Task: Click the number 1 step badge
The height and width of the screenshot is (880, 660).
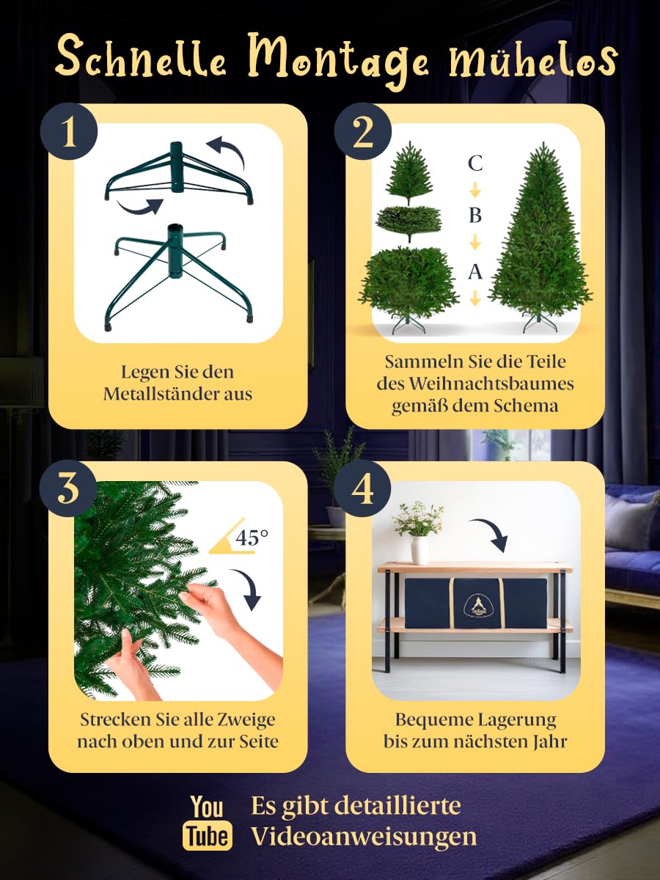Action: [x=69, y=132]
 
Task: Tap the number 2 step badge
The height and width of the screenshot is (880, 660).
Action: [x=363, y=132]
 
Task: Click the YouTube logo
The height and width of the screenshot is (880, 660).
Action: [x=208, y=822]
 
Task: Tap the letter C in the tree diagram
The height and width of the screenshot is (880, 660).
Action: [x=475, y=163]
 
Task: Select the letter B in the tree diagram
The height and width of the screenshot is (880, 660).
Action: [x=475, y=216]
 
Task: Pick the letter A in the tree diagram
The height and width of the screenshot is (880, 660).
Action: [x=475, y=272]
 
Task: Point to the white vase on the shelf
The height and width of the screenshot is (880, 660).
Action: [x=419, y=549]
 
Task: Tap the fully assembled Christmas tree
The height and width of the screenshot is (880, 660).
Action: [x=541, y=242]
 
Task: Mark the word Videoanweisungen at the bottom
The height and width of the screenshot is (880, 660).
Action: [x=364, y=836]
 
